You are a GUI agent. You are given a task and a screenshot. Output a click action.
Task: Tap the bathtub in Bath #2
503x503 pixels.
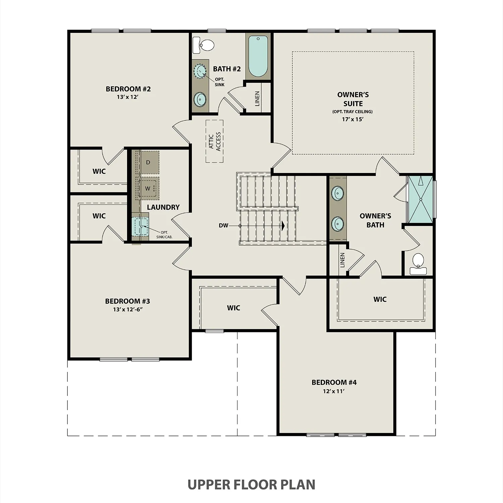tap(258, 56)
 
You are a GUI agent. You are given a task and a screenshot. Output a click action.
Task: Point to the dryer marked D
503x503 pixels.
tap(148, 162)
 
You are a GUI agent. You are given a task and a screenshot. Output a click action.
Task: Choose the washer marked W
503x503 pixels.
tap(148, 188)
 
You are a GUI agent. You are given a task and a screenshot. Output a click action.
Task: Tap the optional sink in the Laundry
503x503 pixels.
tap(140, 226)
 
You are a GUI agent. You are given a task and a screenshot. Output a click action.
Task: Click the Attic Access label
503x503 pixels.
tap(215, 142)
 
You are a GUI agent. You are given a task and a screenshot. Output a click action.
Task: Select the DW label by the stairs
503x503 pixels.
tap(223, 226)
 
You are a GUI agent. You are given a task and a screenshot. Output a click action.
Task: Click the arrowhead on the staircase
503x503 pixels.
tap(283, 226)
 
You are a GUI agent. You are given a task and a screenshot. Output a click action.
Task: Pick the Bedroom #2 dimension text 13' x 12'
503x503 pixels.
tap(128, 97)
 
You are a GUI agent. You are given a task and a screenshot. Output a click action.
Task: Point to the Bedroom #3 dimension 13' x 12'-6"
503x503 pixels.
tap(128, 309)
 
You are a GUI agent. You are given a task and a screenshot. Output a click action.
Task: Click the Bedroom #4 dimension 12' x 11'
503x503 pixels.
tap(334, 391)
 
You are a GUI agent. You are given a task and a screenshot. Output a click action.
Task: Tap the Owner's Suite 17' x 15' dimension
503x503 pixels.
tap(353, 119)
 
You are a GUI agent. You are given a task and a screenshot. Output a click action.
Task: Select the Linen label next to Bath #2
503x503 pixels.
tap(257, 99)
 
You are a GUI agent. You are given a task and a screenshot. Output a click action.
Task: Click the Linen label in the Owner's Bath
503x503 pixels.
tap(342, 260)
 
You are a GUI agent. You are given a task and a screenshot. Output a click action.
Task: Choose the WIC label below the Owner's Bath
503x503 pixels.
tap(380, 299)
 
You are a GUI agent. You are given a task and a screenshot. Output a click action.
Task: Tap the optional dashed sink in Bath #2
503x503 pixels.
tap(201, 71)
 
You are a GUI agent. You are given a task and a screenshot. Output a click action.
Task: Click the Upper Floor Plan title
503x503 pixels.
tap(251, 485)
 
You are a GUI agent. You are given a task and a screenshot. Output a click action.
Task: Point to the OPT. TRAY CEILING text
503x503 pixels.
tap(352, 111)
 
